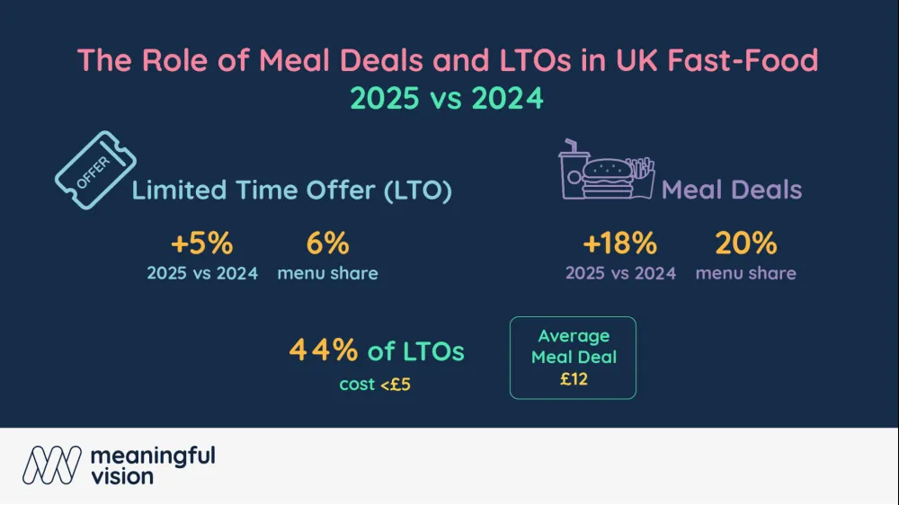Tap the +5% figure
point(202,244)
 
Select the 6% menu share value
point(327,244)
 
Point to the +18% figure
point(619,244)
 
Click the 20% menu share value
point(745,244)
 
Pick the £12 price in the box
point(574,379)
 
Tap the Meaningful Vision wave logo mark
point(52,465)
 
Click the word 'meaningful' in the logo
point(153,456)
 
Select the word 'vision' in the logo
point(122,477)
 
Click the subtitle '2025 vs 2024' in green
point(448,97)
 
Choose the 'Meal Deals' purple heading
point(732,190)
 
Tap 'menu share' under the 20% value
point(745,273)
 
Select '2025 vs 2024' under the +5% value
point(202,273)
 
